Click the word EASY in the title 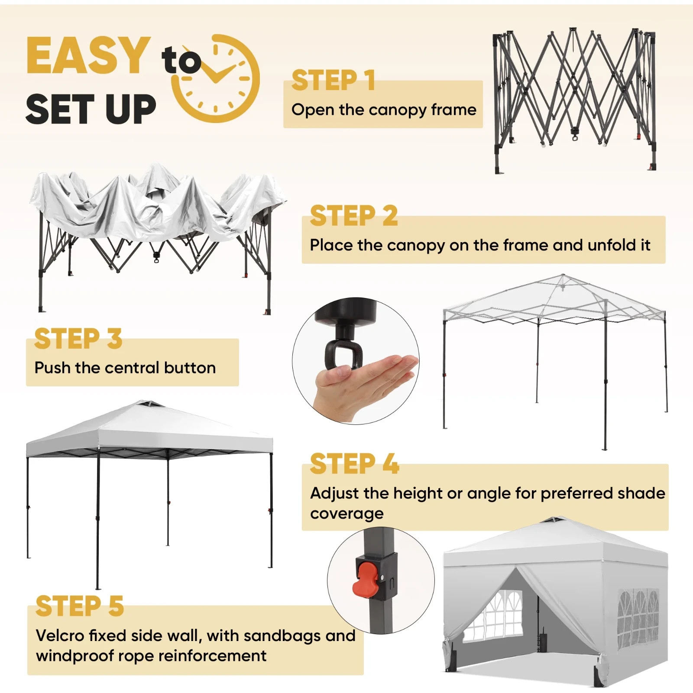pos(88,55)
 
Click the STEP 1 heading pos(333,81)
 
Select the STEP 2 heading pos(353,216)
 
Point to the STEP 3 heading pos(78,339)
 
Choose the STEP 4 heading pos(354,464)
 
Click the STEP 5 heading pos(79,606)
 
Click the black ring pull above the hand pos(340,354)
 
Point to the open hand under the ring pos(364,381)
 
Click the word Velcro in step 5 pos(60,636)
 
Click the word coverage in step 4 pos(346,514)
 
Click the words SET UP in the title pos(91,109)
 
